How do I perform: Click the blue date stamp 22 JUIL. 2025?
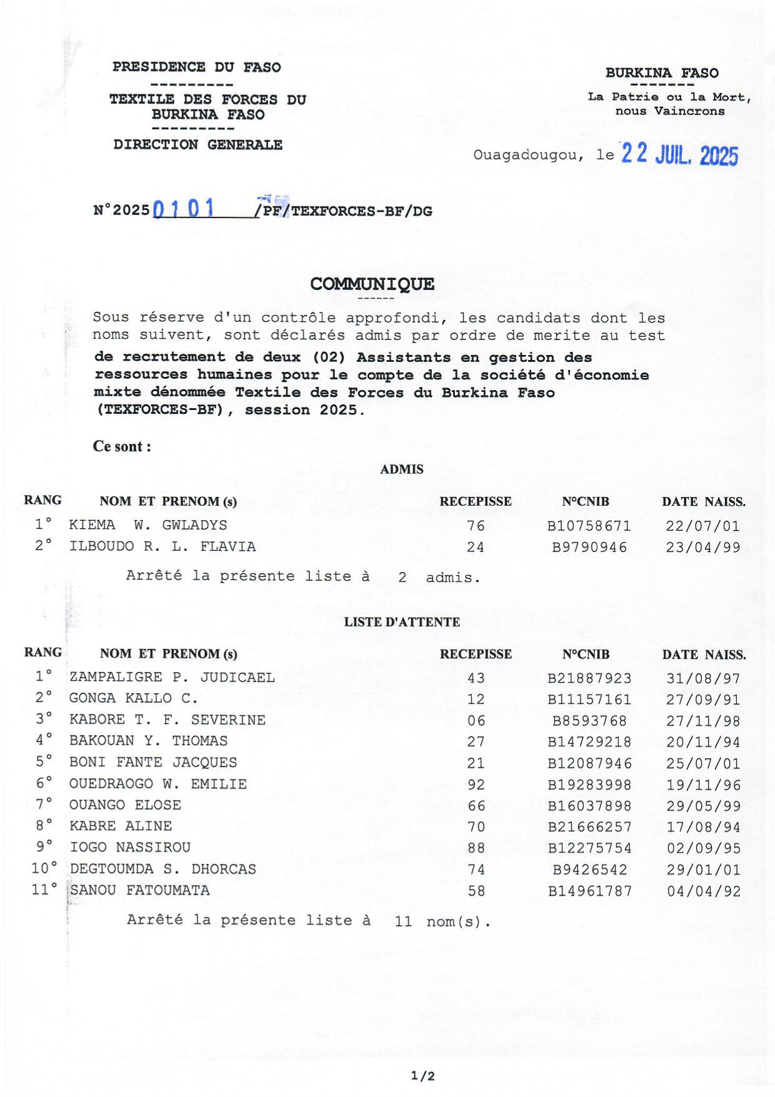[x=679, y=154]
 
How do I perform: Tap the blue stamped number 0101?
[x=183, y=208]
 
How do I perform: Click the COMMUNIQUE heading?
[x=372, y=284]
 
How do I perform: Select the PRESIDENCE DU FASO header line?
[x=196, y=67]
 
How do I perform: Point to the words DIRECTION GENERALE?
[x=197, y=144]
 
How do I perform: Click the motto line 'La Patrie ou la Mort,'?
[x=669, y=97]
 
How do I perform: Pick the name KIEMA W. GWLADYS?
[x=148, y=525]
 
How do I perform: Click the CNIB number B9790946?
[x=589, y=548]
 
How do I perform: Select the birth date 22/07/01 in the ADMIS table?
[x=702, y=526]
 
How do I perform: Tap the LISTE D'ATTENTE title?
[x=402, y=622]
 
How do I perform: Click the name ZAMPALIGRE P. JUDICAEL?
[x=172, y=677]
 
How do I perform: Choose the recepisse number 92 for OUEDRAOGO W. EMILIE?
[x=476, y=784]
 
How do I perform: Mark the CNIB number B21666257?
[x=589, y=827]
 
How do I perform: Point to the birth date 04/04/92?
[x=704, y=891]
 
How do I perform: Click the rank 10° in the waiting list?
[x=44, y=868]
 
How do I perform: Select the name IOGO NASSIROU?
[x=130, y=847]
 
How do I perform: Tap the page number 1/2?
[x=423, y=1076]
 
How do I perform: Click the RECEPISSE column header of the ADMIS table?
[x=475, y=501]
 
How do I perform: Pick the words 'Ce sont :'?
[x=122, y=446]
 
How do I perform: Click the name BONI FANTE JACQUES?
[x=153, y=763]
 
